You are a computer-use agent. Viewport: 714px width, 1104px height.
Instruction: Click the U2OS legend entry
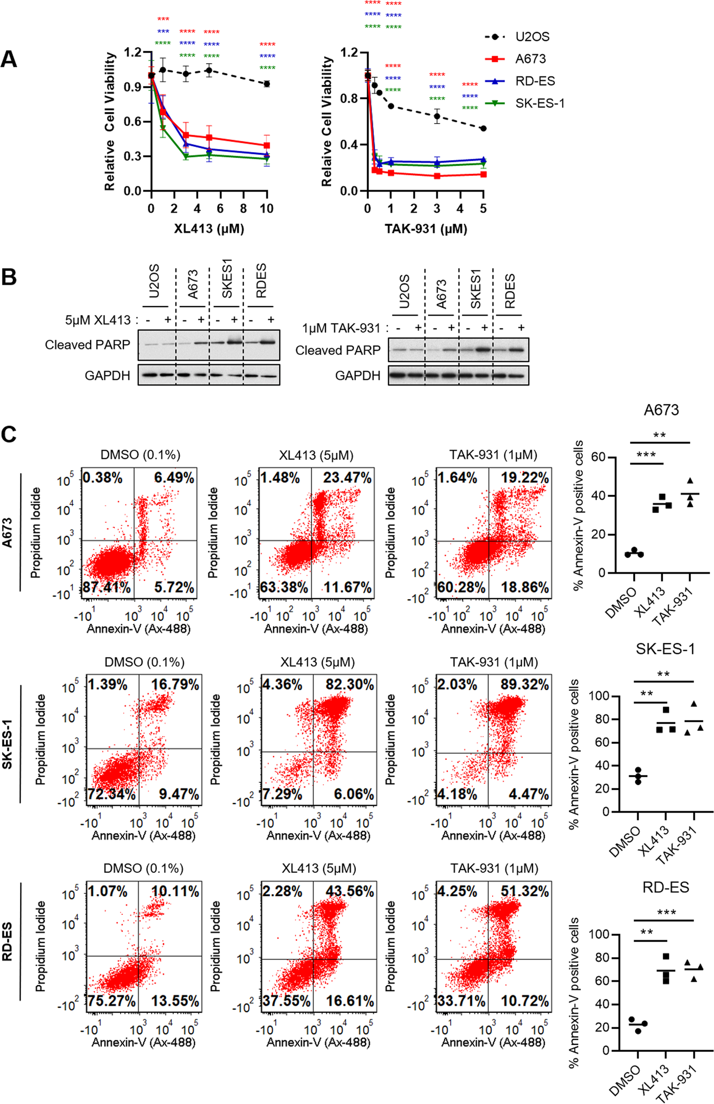(532, 37)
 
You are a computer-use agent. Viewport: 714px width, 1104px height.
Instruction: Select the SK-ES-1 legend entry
(540, 103)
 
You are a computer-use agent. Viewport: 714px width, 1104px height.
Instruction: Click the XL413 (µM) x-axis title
(209, 229)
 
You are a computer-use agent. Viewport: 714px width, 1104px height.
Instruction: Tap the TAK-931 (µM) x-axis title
(426, 229)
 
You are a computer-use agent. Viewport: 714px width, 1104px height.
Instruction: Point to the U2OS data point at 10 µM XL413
(267, 84)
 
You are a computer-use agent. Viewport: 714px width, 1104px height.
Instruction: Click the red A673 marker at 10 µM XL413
(267, 145)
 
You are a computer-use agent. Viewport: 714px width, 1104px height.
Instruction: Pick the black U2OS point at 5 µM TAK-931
(483, 128)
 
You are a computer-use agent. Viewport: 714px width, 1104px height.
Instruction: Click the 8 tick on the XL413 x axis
(244, 209)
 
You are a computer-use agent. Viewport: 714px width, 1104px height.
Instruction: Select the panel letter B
(9, 277)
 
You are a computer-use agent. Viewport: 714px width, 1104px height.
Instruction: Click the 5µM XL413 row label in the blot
(98, 320)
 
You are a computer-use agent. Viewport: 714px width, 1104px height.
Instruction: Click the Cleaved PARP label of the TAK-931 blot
(338, 350)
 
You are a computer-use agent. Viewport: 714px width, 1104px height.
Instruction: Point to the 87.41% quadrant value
(107, 588)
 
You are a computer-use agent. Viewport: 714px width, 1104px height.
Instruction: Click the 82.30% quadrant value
(350, 685)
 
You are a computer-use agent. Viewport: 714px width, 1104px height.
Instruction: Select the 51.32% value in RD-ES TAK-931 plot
(524, 892)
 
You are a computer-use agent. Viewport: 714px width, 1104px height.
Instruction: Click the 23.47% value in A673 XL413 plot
(347, 478)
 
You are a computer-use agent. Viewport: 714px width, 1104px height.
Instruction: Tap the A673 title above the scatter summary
(661, 410)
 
